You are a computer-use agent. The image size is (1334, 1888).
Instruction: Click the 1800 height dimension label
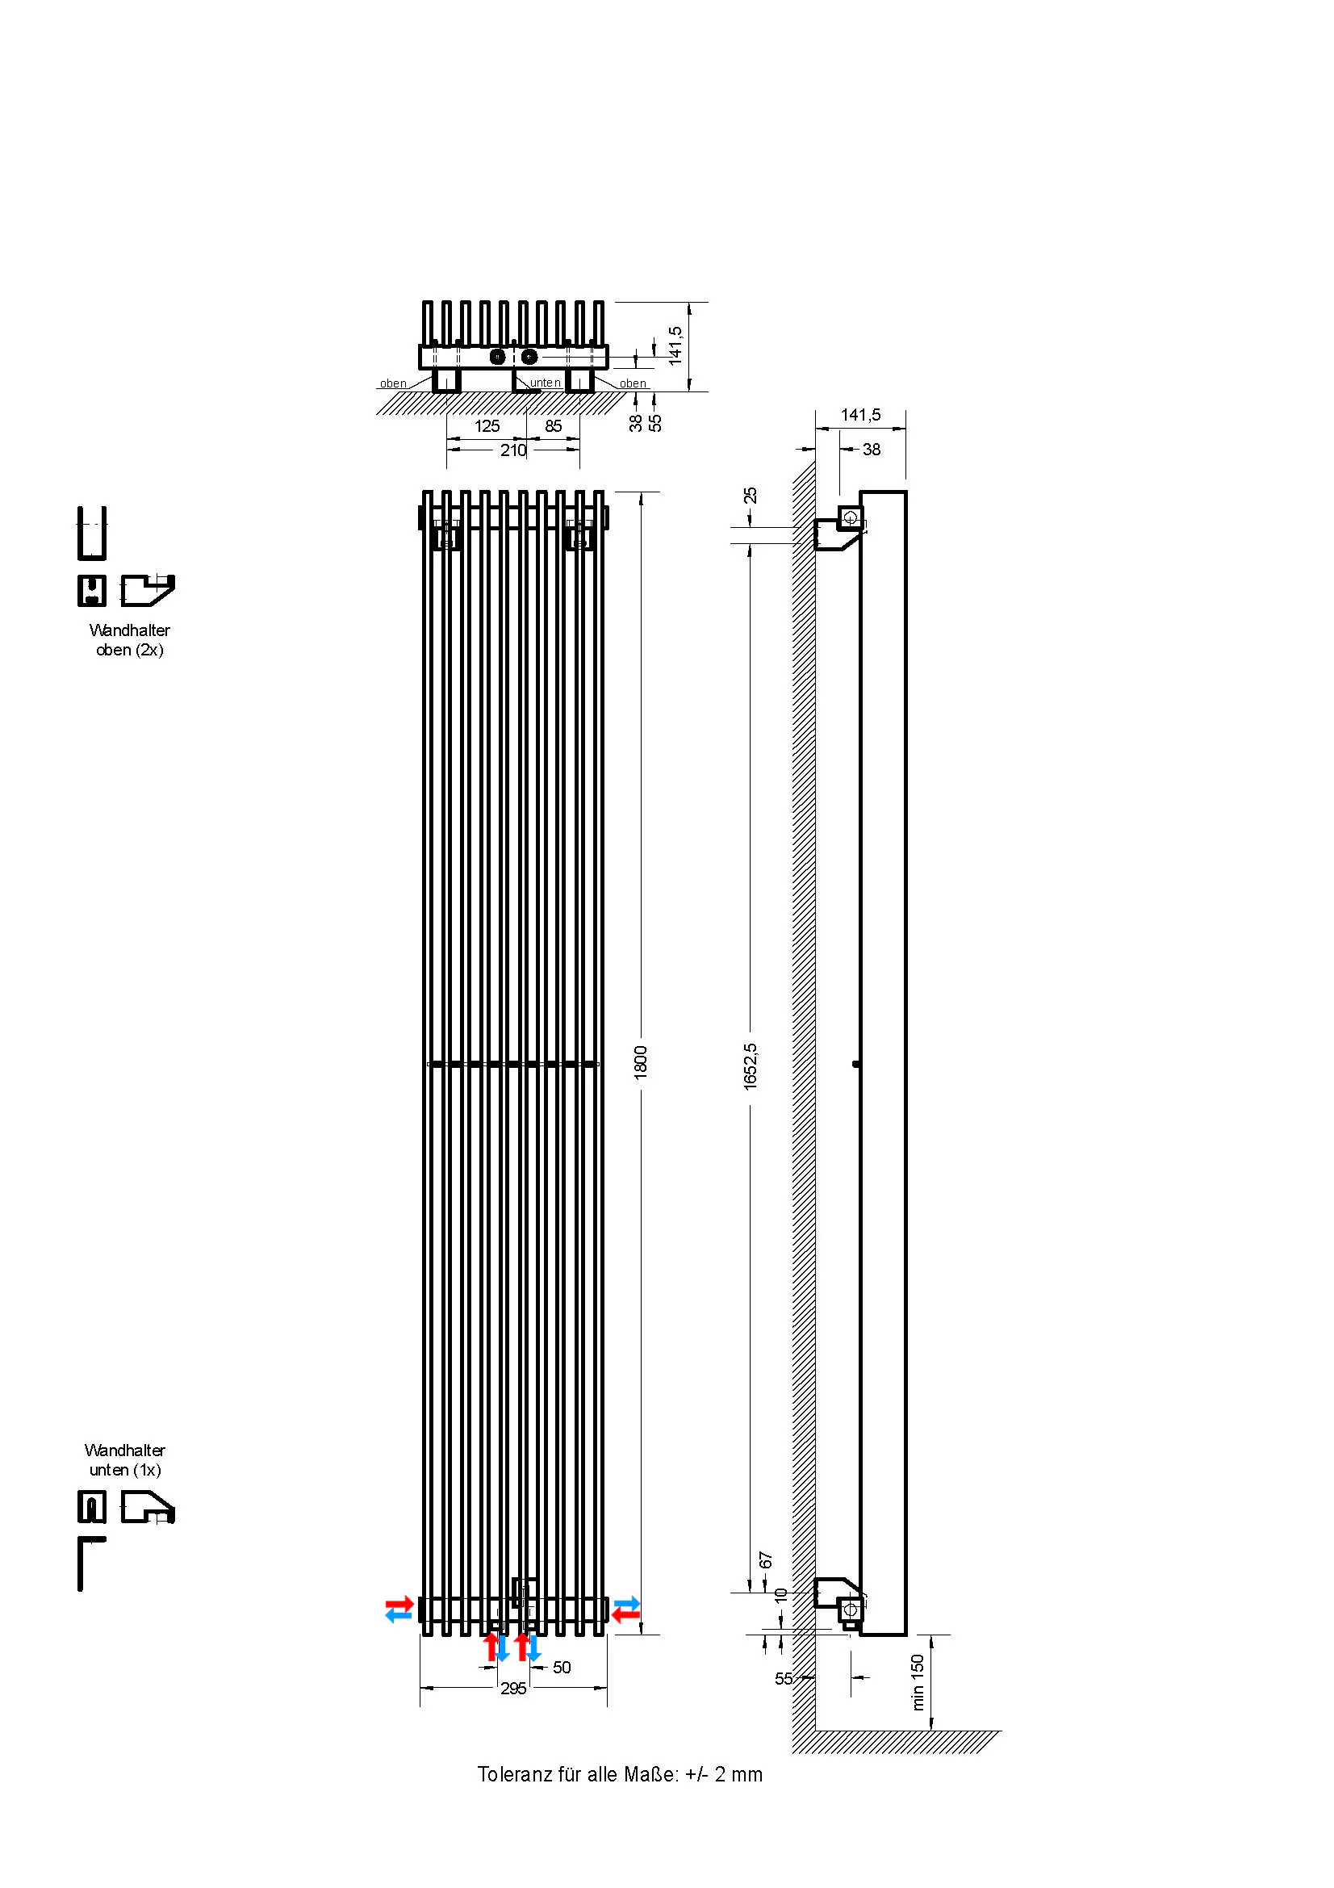(640, 1061)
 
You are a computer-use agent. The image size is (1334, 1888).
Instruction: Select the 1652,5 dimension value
(750, 1066)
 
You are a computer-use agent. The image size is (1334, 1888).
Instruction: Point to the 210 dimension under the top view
(514, 450)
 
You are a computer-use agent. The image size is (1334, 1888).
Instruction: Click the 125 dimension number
(487, 426)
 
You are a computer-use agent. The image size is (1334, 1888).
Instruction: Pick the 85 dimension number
(554, 426)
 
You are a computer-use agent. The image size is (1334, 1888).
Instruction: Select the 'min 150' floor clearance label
(918, 1683)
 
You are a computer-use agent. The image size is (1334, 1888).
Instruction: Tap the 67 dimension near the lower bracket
(766, 1561)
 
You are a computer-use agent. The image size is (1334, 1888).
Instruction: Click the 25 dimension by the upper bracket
(751, 496)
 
